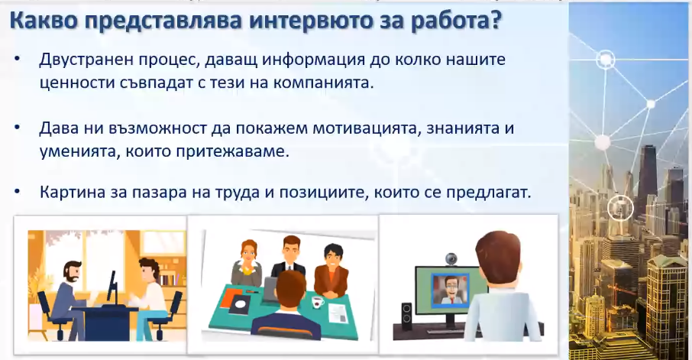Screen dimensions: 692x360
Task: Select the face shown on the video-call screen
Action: (450, 288)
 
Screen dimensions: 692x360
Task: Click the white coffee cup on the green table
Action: (317, 302)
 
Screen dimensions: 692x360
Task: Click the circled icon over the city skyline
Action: (620, 207)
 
